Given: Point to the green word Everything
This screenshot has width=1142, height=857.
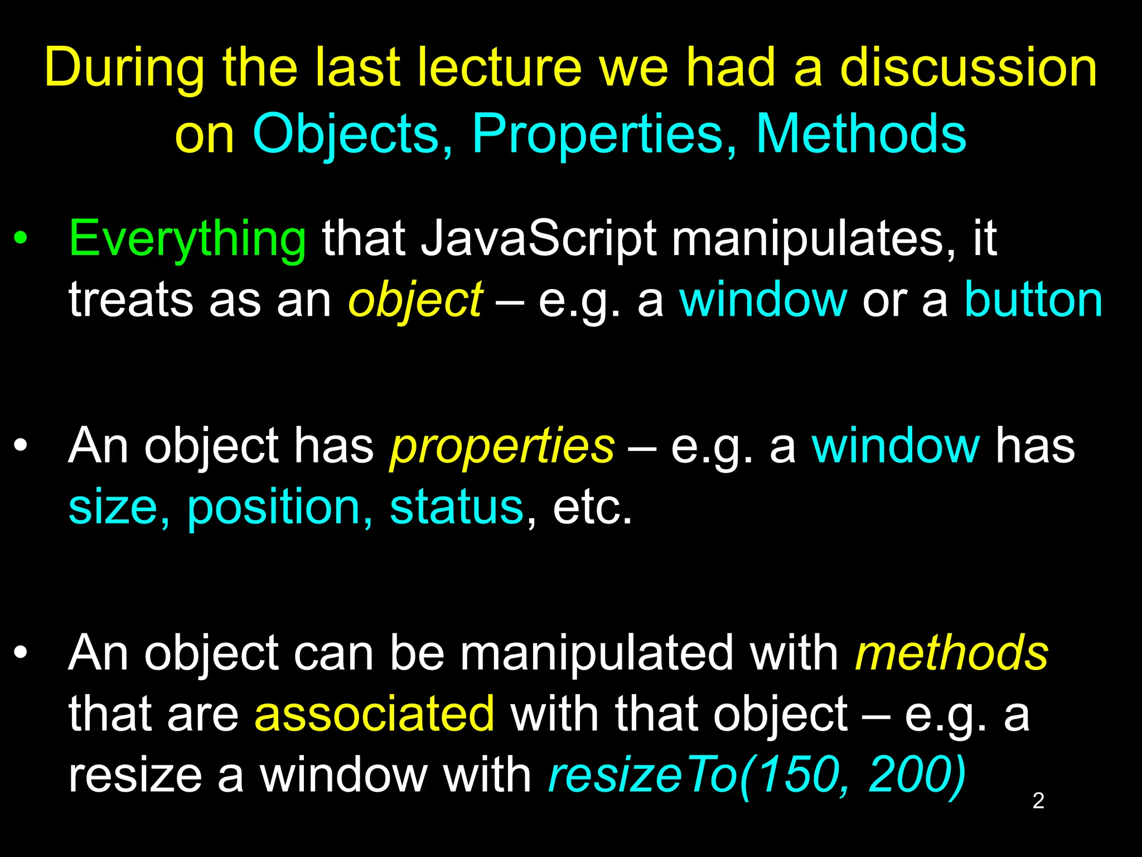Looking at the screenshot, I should coord(187,240).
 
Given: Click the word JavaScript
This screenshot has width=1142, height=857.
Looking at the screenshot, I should coord(539,240).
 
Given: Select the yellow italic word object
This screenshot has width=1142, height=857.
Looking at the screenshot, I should coord(415,301).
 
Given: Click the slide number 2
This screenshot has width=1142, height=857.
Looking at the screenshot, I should coord(1038,801).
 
